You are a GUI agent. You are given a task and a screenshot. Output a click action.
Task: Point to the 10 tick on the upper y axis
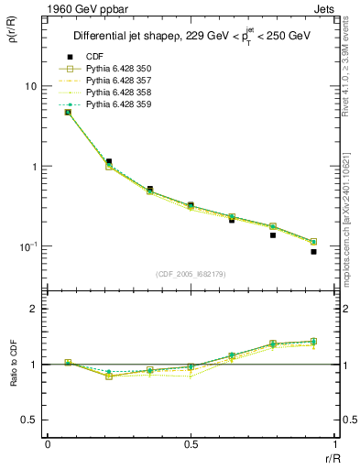click(x=30, y=86)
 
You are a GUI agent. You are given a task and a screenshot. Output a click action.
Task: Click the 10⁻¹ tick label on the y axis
click(x=28, y=246)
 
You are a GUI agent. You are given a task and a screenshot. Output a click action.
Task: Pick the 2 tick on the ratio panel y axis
click(x=35, y=309)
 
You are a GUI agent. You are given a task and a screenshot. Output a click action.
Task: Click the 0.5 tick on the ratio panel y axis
click(x=30, y=420)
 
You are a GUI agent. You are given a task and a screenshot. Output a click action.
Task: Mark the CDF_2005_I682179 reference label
click(x=191, y=274)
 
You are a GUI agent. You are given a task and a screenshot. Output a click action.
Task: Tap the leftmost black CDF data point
click(x=68, y=112)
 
